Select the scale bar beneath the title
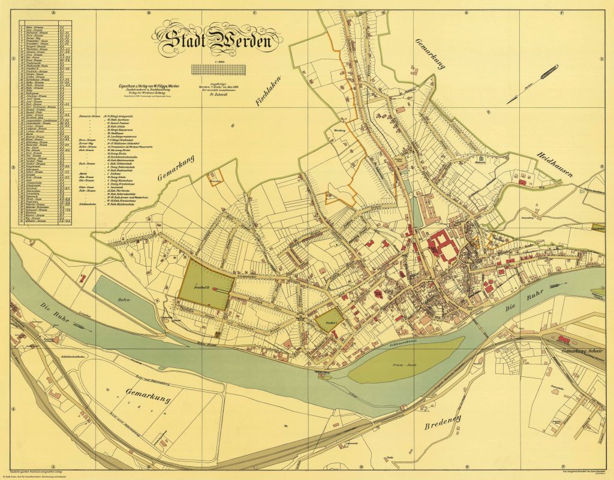coord(217,69)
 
